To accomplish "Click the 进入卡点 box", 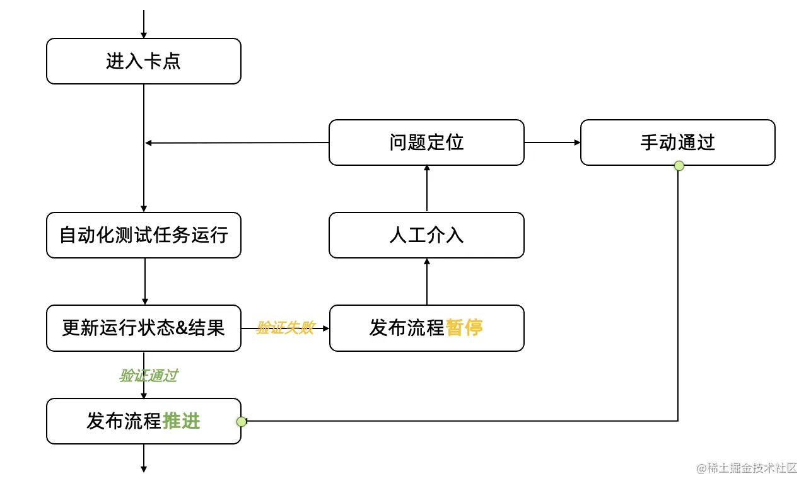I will (x=144, y=61).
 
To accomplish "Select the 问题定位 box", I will (x=426, y=142).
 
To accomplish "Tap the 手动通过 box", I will (x=677, y=142).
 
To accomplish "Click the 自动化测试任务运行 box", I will (x=144, y=235).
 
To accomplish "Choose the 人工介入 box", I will (x=426, y=235).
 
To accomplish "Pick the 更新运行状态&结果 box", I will (x=144, y=328).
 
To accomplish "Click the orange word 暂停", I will (x=464, y=328).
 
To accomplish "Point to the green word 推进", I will (x=182, y=421).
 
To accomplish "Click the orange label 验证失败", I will (x=284, y=328).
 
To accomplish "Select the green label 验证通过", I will (x=149, y=376).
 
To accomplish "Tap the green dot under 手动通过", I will (x=679, y=166).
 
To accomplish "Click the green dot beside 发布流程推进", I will (x=241, y=421).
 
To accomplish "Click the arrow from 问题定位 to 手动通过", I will (x=552, y=142).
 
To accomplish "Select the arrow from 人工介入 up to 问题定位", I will (x=427, y=189).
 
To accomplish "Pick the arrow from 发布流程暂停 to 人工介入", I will (x=427, y=281).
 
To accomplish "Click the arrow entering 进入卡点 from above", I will (x=144, y=24).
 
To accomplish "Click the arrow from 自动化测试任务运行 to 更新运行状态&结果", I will (x=145, y=281).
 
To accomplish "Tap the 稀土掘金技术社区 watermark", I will (x=747, y=468).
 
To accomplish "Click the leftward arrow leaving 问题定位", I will (x=236, y=143).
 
